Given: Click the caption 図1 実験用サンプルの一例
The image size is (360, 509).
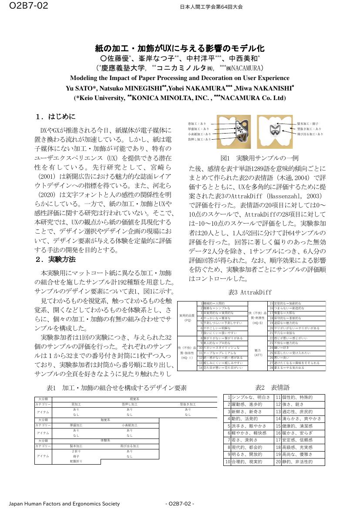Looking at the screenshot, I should (259, 157).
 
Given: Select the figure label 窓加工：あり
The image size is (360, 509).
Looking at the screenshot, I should (197, 124).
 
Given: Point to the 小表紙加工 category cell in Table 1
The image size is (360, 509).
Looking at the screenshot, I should (130, 425).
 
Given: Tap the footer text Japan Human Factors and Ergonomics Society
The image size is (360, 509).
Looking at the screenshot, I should (64, 504).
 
